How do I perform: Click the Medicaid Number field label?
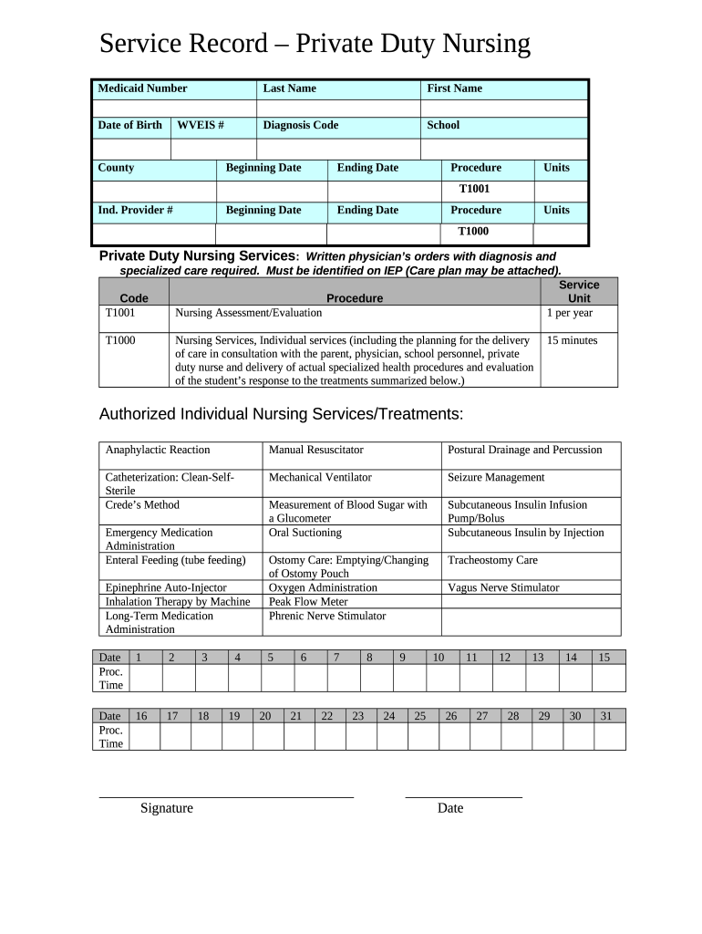pos(142,88)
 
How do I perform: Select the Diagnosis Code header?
pos(300,125)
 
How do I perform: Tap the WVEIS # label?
pos(201,125)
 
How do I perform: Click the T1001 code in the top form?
pos(474,189)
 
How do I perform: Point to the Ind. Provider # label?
pos(135,210)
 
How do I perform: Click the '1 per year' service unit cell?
pos(570,313)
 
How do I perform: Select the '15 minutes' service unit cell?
pos(573,340)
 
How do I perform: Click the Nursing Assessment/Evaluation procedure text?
pos(248,313)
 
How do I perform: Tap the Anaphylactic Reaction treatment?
pos(158,450)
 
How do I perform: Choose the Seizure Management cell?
pos(496,477)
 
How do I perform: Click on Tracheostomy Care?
pos(492,560)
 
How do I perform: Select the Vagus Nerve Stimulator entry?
pos(503,587)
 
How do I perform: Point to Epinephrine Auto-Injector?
pos(166,587)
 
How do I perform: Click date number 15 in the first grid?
pos(604,657)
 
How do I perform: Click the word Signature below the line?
pos(166,808)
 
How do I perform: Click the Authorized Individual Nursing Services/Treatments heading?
pos(281,415)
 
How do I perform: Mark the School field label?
pos(443,125)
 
